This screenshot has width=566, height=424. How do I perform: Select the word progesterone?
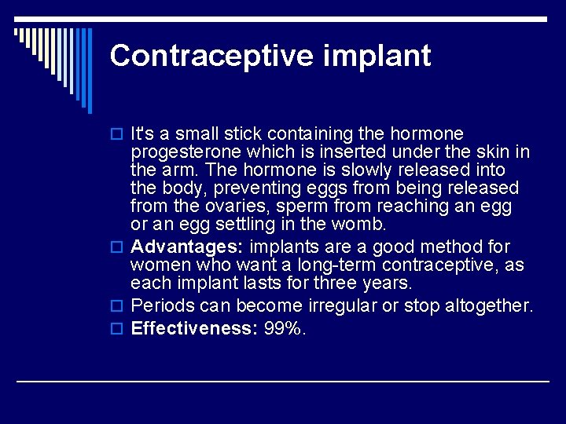(182, 152)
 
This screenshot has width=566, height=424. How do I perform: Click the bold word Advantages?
(187, 247)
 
